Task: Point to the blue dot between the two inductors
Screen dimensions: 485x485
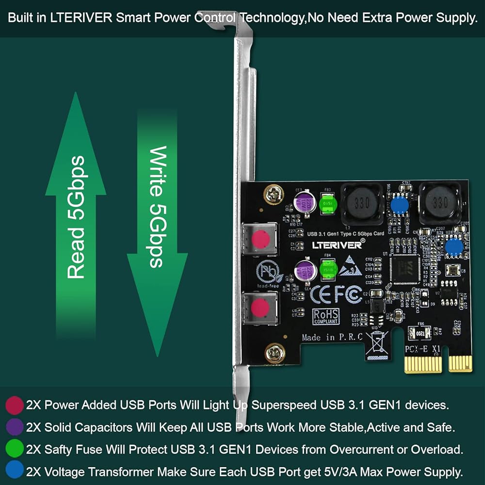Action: tap(399, 206)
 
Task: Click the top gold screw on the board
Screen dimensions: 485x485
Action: tap(273, 194)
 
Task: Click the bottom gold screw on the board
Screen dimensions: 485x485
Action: tap(275, 353)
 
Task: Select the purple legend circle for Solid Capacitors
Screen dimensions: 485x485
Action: tap(15, 427)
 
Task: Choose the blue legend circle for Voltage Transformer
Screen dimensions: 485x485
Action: tap(15, 470)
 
